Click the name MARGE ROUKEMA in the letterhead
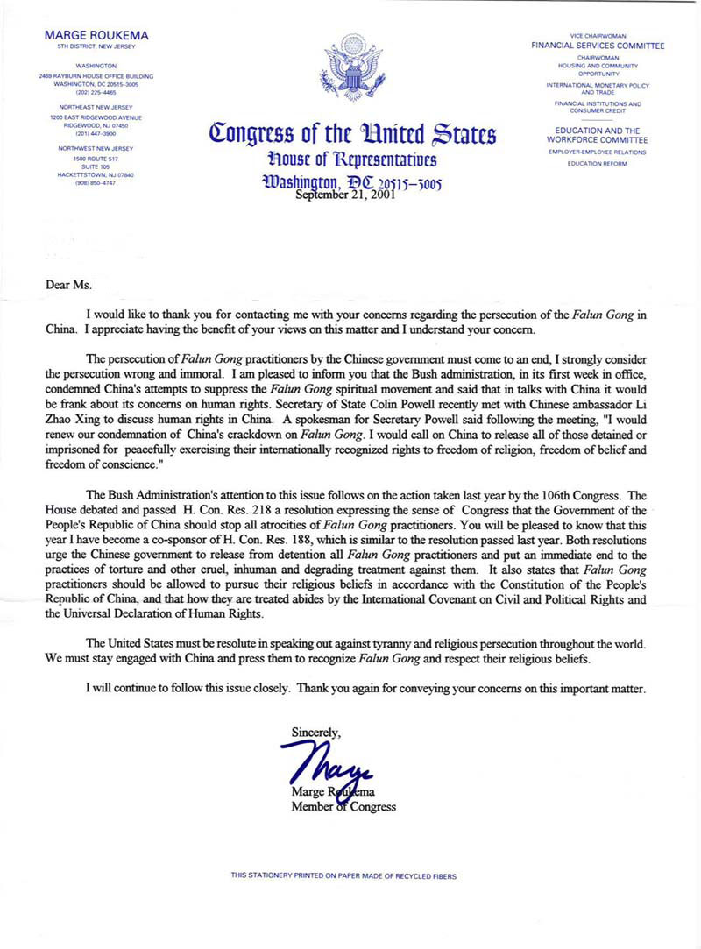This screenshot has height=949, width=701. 96,34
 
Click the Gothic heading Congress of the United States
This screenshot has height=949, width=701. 352,135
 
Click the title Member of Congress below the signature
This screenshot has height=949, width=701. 343,806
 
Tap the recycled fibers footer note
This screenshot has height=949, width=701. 343,875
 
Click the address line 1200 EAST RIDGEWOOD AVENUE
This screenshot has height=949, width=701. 96,117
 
